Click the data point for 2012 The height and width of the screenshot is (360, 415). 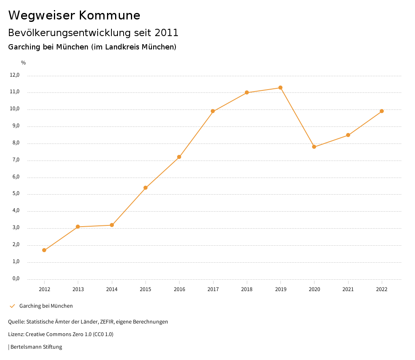coord(44,250)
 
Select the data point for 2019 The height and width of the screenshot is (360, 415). coord(280,88)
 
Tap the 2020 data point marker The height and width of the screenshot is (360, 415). coord(314,147)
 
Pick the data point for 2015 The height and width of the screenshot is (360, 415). coord(145,188)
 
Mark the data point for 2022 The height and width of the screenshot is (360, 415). coord(382,111)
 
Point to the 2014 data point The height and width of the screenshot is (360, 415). coord(112,225)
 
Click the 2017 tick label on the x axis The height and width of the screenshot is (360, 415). coord(213,289)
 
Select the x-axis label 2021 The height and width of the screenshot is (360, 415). coord(348,289)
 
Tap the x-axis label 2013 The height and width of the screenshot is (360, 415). coord(78,289)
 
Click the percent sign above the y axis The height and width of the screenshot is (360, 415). coord(24,63)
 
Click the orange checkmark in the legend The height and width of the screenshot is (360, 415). coord(12,306)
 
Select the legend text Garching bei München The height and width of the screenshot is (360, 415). coord(46,306)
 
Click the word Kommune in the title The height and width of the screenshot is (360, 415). coord(109,15)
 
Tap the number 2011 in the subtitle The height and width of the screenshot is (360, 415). coord(167,32)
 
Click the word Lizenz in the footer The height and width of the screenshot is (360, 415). coord(16,334)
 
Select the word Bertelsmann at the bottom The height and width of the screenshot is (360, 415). coord(26,347)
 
